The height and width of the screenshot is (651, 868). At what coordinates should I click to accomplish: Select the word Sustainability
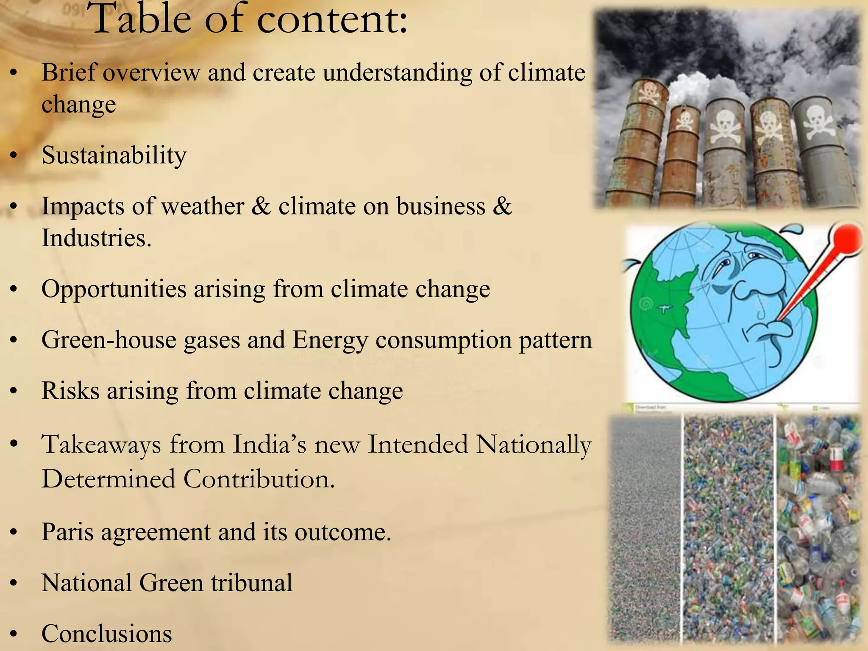(114, 155)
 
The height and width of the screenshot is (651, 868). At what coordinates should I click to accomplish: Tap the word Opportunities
(114, 289)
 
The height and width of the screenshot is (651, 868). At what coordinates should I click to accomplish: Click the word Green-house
(108, 340)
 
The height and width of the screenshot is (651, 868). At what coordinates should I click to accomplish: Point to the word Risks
(70, 390)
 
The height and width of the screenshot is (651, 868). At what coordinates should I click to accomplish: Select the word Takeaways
(101, 445)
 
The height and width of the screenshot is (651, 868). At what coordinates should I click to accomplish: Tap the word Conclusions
(106, 634)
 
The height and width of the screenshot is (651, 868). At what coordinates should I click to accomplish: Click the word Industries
(96, 238)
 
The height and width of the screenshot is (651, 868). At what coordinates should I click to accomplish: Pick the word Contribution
(259, 479)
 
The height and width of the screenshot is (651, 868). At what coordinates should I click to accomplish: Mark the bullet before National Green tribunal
(14, 584)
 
